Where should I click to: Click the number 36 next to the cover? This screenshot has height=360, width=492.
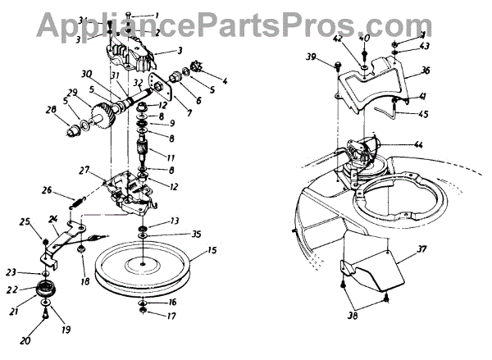point(426,71)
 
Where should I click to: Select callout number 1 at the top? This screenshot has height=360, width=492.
point(158,14)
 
